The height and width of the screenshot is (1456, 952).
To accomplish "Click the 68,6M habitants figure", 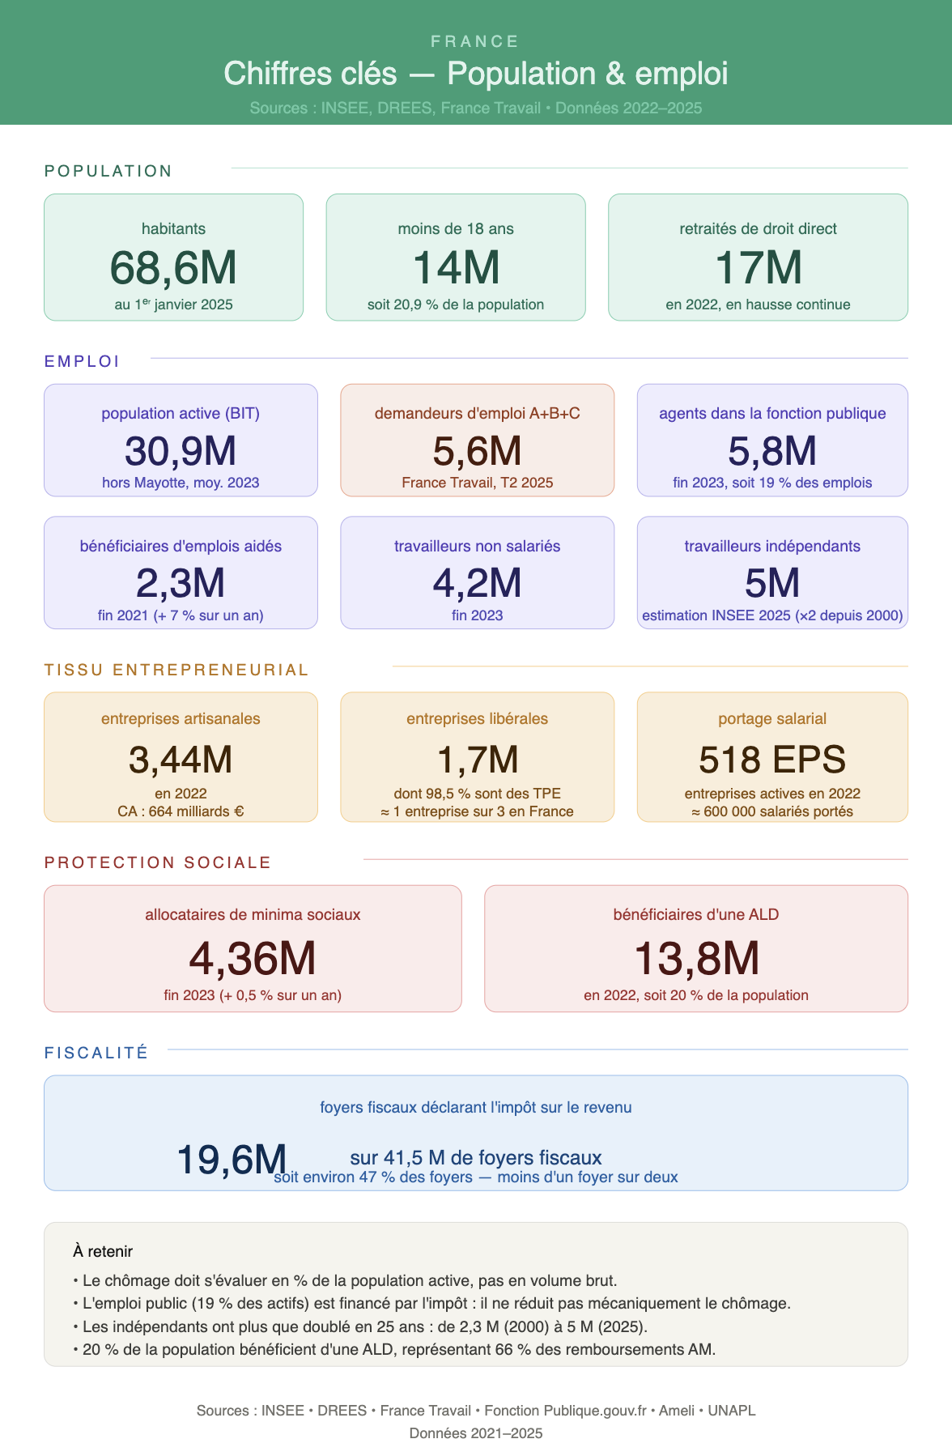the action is click(x=173, y=268).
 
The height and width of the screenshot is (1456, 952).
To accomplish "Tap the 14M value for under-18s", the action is click(x=456, y=268).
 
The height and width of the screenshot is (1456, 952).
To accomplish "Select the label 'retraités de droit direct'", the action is click(x=758, y=229).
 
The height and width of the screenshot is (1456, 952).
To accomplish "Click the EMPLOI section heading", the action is click(x=83, y=361).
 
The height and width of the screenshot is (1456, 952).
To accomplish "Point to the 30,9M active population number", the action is click(x=181, y=451).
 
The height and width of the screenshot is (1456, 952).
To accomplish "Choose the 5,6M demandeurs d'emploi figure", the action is click(x=477, y=451).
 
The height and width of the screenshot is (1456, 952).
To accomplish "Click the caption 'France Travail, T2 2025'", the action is click(x=478, y=483).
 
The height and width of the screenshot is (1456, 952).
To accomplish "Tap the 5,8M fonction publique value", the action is click(x=772, y=451).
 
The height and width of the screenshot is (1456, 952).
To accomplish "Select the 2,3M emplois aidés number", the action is click(x=181, y=583).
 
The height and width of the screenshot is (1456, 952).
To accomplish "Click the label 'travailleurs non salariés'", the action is click(x=478, y=547).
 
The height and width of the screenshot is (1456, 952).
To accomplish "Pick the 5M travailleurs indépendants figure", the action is click(x=772, y=583).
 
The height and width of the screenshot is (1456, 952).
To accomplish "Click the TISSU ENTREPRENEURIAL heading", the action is click(x=177, y=671).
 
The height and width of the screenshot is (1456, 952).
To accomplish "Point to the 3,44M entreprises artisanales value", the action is click(x=181, y=760).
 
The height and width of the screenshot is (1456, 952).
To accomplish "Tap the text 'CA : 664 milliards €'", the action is click(x=181, y=811).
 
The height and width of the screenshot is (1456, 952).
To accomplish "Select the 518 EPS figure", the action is click(x=772, y=760).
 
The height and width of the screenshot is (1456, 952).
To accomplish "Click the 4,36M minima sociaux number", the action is click(x=253, y=959).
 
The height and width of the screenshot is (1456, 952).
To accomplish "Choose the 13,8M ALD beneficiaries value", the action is click(x=696, y=959).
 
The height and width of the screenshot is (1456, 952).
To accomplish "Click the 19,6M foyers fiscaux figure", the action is click(x=232, y=1160).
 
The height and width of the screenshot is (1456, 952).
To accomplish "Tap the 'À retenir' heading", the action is click(x=103, y=1251).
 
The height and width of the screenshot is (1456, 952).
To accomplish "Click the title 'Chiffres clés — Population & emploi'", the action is click(x=476, y=74).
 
